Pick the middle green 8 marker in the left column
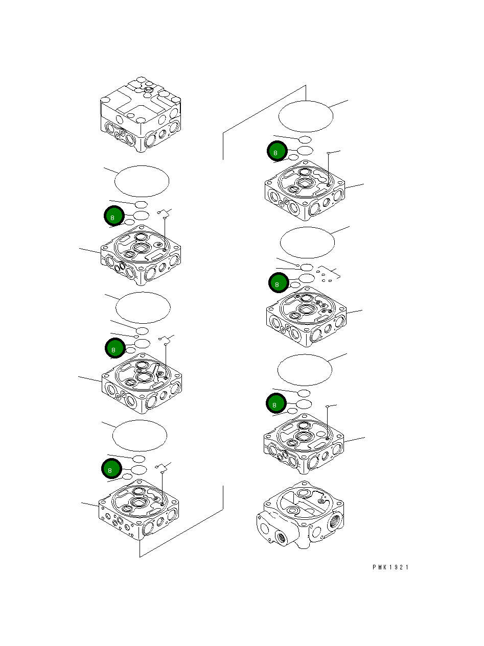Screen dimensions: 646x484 114,349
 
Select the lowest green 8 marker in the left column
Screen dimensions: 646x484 111,468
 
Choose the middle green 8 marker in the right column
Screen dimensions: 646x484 279,282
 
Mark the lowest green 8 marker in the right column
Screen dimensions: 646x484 276,404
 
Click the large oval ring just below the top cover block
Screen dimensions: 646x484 142,181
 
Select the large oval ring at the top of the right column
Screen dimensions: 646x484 306,116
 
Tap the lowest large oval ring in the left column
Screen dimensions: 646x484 140,436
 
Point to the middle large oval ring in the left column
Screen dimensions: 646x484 143,308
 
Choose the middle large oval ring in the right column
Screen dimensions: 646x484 308,243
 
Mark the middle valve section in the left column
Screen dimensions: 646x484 142,383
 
